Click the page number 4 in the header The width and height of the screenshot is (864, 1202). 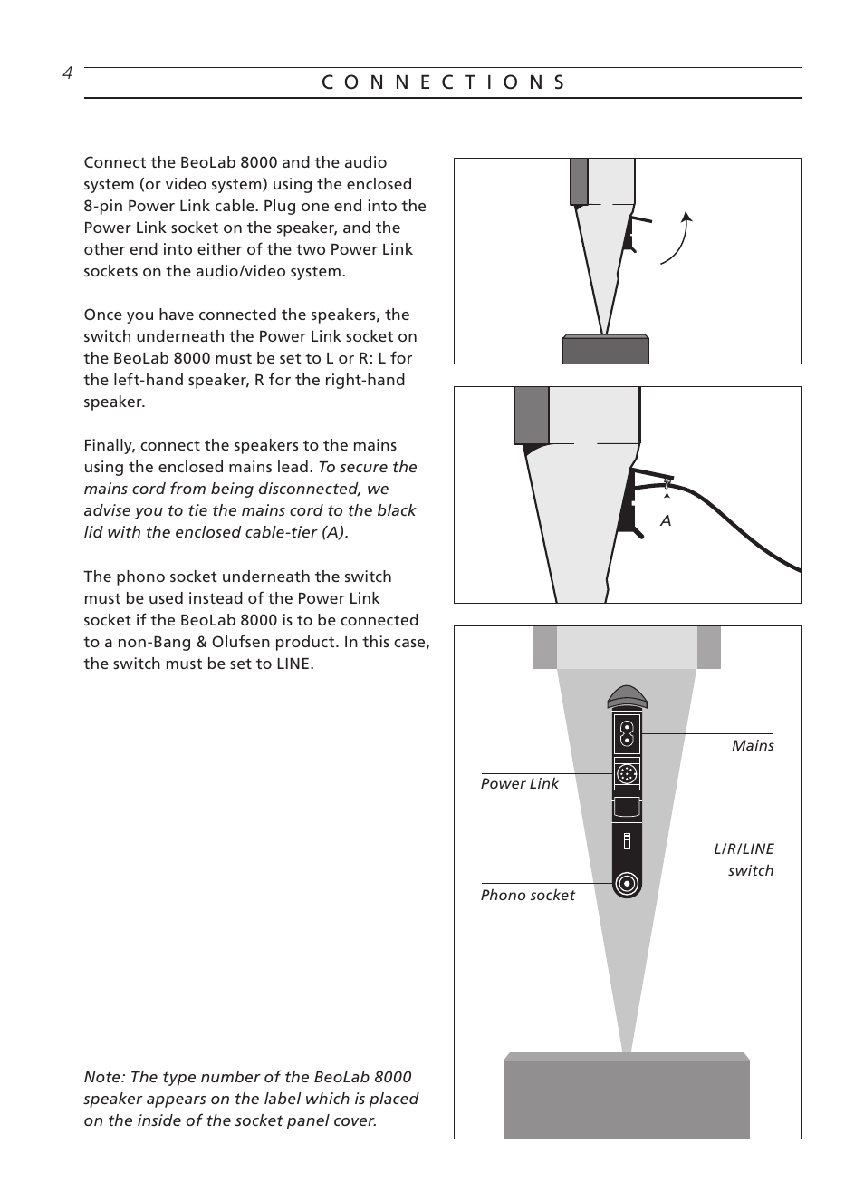point(67,74)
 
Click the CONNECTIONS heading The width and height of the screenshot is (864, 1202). point(443,82)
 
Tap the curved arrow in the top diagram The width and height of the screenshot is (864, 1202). point(678,237)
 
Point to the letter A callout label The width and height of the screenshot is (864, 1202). point(666,521)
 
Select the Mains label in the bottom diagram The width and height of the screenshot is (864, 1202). point(753,746)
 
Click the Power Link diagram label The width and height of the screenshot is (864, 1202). point(519,784)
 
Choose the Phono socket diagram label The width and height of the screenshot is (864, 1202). point(527,896)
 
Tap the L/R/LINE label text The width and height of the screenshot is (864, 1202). point(744,849)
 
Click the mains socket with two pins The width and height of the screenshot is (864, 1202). point(626,734)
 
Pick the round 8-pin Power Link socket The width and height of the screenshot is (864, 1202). point(626,774)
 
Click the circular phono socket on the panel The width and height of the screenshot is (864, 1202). point(626,884)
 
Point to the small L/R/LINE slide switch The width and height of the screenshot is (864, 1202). point(626,841)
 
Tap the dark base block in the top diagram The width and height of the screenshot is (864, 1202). point(605,349)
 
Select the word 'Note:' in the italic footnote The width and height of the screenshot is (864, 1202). point(104,1078)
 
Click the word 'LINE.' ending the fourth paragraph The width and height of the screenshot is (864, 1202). point(294,664)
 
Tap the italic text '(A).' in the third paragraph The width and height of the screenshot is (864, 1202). point(331,533)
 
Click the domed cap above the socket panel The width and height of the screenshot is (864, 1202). point(627,697)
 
